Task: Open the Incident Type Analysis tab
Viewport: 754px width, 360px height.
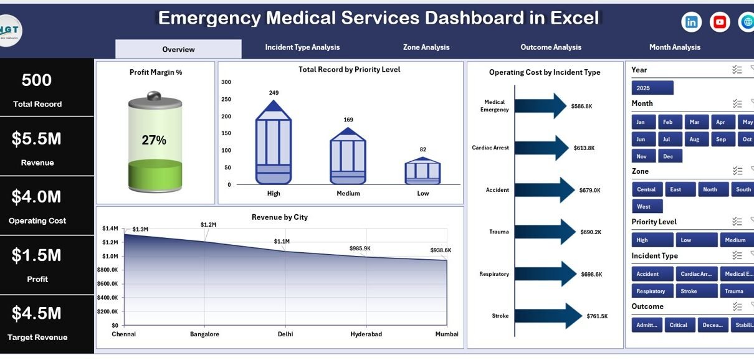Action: click(302, 47)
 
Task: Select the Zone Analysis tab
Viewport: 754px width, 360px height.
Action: click(426, 47)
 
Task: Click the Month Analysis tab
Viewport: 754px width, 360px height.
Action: click(674, 47)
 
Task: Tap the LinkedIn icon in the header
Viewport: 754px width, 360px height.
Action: click(692, 22)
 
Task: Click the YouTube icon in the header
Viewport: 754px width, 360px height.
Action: click(720, 22)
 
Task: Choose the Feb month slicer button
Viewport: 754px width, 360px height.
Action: click(667, 122)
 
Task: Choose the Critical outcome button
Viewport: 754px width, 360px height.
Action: click(679, 324)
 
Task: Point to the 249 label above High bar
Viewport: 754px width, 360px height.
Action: click(274, 93)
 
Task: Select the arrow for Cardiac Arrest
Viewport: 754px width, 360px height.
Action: click(541, 148)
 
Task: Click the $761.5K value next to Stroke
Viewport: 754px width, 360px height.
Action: click(598, 316)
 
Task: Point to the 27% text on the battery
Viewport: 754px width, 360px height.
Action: click(154, 140)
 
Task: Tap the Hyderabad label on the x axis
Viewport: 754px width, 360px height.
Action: click(366, 334)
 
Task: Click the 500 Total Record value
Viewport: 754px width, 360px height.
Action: click(37, 80)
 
